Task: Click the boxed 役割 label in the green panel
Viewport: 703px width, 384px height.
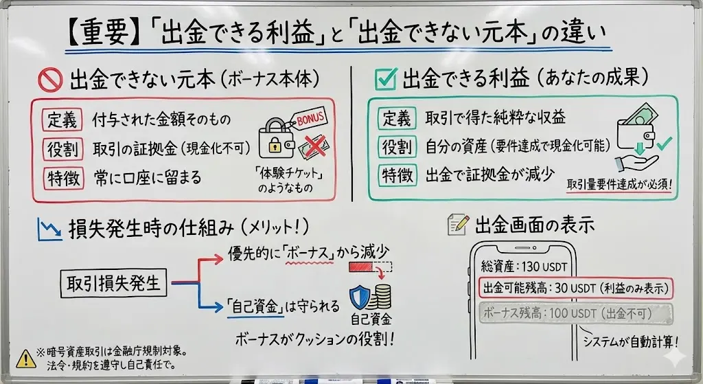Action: click(x=397, y=146)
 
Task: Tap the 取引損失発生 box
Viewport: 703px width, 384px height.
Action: click(x=115, y=282)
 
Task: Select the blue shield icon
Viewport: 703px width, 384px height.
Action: click(x=359, y=297)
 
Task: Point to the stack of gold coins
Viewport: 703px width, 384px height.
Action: click(x=380, y=297)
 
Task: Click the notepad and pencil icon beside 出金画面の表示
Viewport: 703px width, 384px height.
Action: click(x=457, y=224)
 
